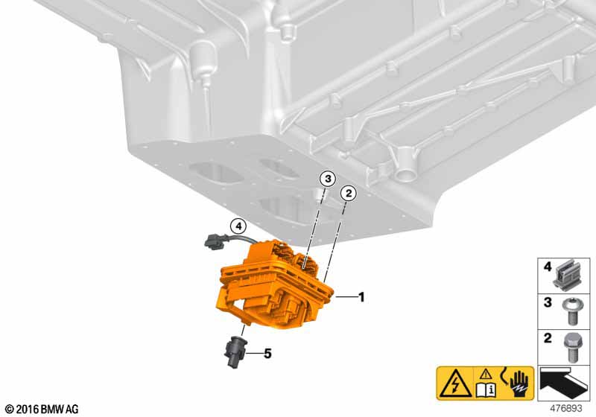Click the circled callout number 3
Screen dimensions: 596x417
click(328, 179)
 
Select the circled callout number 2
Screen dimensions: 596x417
click(349, 194)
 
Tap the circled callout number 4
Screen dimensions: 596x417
click(238, 226)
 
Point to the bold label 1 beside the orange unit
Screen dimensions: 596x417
click(361, 297)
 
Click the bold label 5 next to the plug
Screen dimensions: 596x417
click(267, 354)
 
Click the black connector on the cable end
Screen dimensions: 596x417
click(215, 241)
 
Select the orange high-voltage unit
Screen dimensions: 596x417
click(273, 287)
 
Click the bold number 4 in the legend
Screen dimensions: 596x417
click(547, 267)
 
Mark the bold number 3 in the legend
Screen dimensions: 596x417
click(548, 302)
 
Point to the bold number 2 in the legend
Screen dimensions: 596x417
click(548, 338)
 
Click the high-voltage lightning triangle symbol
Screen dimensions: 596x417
click(455, 384)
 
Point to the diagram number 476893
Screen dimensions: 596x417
click(566, 409)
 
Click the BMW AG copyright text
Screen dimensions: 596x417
click(42, 410)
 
